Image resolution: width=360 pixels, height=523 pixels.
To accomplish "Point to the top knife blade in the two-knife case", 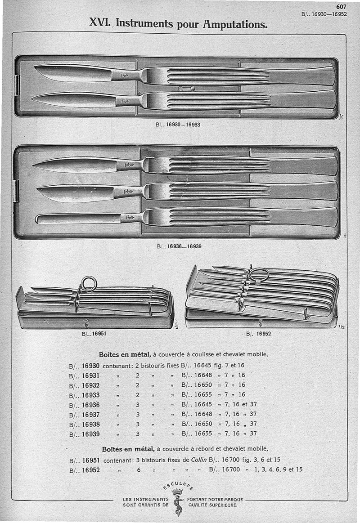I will click(x=72, y=72).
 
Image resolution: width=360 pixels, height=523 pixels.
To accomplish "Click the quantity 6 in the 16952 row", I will click(x=139, y=469).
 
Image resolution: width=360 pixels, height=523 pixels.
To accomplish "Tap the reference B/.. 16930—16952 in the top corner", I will click(x=324, y=14).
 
